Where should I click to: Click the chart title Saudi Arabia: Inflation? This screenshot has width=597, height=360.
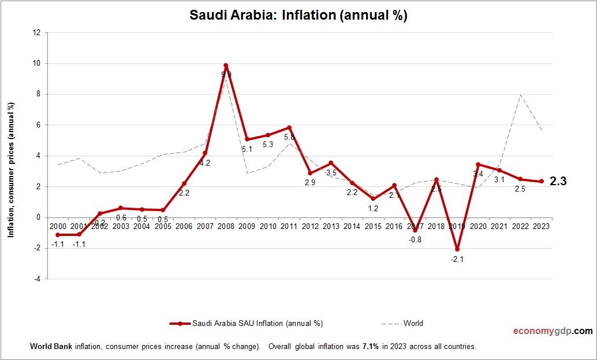pos(298,16)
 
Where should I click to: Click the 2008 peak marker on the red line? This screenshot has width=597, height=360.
pos(226,65)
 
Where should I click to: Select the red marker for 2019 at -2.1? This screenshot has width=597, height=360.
pos(457,249)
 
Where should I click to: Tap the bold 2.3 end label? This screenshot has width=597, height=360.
pos(558,181)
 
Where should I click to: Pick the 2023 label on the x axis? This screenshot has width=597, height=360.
pos(541,226)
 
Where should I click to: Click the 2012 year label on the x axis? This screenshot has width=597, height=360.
pos(310,226)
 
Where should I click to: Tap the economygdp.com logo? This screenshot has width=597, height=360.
pos(553,331)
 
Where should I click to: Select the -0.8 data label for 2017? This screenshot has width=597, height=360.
pos(415,239)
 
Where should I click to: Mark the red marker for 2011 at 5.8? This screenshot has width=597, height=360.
pos(289,127)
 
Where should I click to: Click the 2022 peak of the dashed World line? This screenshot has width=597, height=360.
pos(520,95)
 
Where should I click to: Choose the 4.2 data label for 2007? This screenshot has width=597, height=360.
pos(205,163)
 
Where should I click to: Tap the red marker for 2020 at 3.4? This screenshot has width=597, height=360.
pos(478,164)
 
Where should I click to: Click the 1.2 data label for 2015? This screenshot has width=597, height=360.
pos(373,208)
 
